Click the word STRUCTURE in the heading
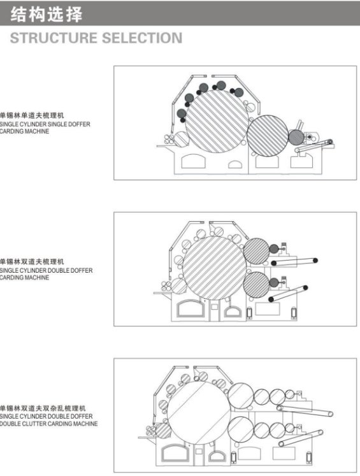(x=53, y=38)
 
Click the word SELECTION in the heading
(x=142, y=38)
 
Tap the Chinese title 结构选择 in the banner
(x=46, y=14)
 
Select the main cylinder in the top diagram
(x=217, y=121)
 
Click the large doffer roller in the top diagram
(x=268, y=136)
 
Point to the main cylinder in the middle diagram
(x=214, y=268)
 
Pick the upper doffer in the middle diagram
(x=257, y=251)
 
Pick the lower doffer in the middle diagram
(x=257, y=285)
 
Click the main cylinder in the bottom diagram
(x=199, y=413)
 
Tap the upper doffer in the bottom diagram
(x=241, y=396)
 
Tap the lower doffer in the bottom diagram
(x=241, y=429)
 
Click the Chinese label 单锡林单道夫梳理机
(x=32, y=115)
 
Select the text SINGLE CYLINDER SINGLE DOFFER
(x=45, y=124)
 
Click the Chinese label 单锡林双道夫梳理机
(x=32, y=261)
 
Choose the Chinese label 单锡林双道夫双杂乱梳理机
(x=43, y=408)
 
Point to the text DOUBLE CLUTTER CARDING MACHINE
(x=48, y=424)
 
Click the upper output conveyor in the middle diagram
(x=294, y=262)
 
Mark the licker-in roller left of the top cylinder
(x=182, y=140)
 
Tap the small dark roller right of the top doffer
(x=296, y=137)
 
